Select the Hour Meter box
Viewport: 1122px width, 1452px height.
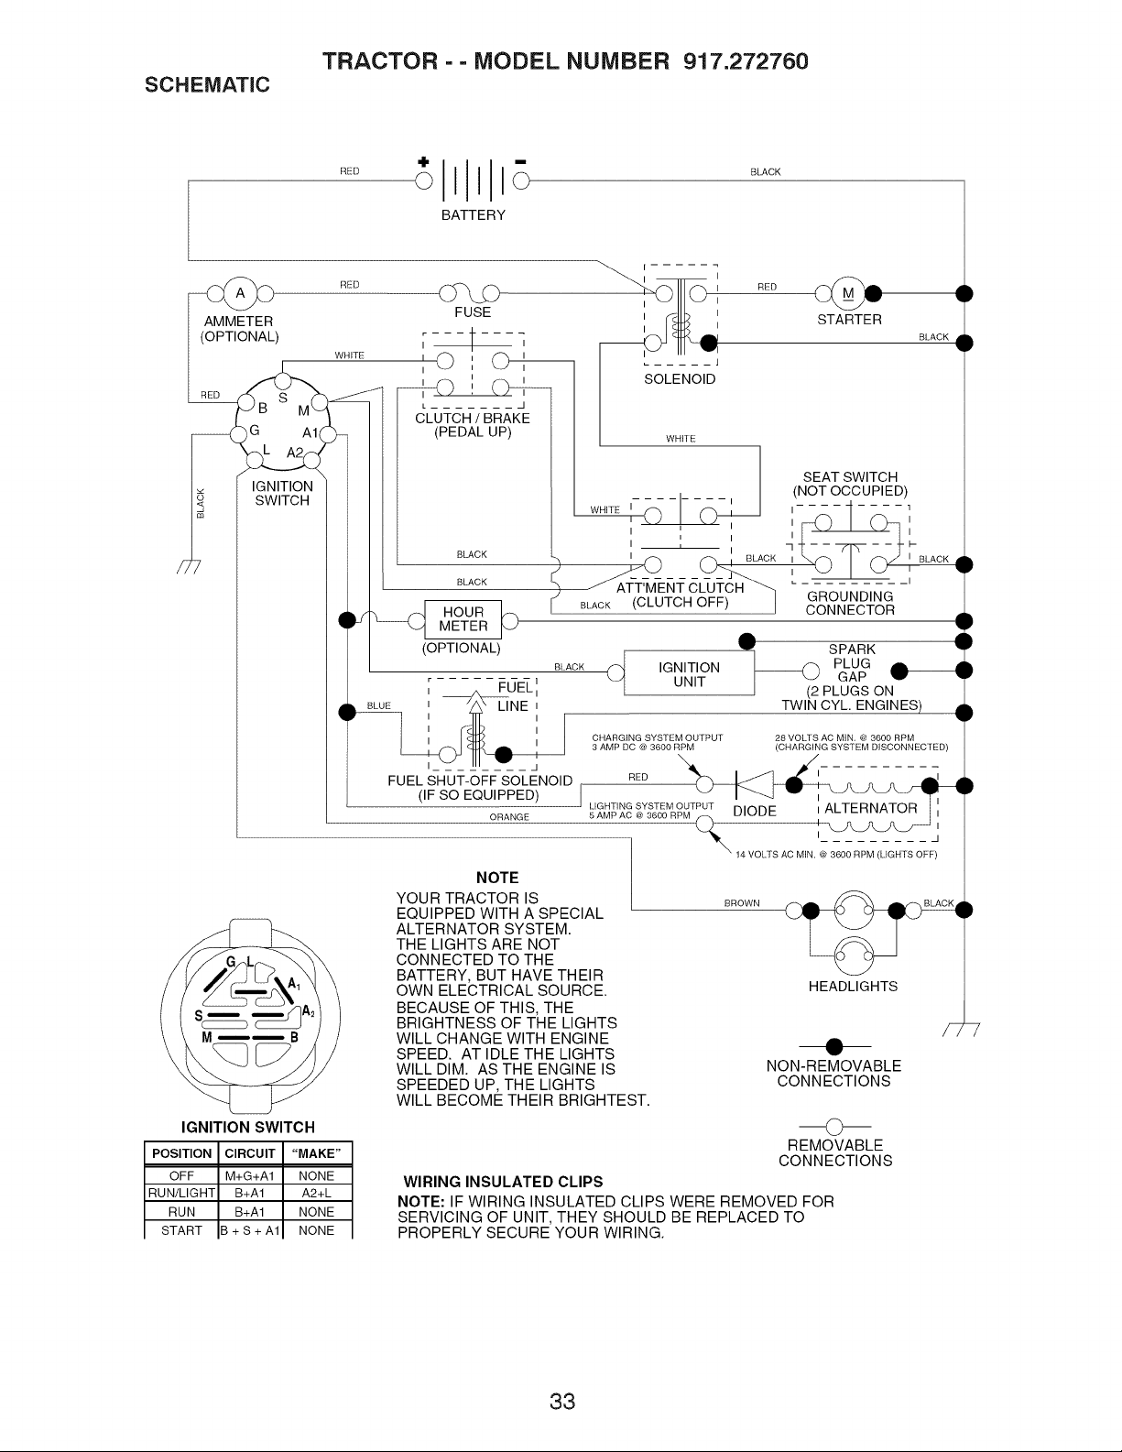(x=463, y=619)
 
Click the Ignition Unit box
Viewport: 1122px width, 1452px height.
(x=689, y=673)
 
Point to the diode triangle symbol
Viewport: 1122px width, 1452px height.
(x=755, y=784)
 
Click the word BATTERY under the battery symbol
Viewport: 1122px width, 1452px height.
(x=473, y=215)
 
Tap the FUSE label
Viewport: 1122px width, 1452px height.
(x=473, y=312)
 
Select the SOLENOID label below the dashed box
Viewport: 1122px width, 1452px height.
(x=680, y=379)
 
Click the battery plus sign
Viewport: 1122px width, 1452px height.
(x=423, y=162)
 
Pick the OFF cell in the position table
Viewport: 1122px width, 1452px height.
(x=181, y=1175)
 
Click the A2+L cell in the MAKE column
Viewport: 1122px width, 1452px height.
(x=317, y=1194)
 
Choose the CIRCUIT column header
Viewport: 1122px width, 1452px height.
(x=250, y=1153)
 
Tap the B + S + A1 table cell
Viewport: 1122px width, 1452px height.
(x=250, y=1230)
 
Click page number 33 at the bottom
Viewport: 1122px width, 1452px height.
(x=562, y=1402)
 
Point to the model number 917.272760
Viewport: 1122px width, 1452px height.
(x=746, y=61)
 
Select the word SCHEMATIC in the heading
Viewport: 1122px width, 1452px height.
(x=207, y=85)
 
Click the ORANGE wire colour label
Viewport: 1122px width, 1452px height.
(x=509, y=817)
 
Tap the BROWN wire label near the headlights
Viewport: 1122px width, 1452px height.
(x=742, y=903)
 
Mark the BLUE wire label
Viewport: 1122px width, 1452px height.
(x=378, y=705)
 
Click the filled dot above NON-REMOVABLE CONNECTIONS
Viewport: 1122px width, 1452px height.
(x=834, y=1046)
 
